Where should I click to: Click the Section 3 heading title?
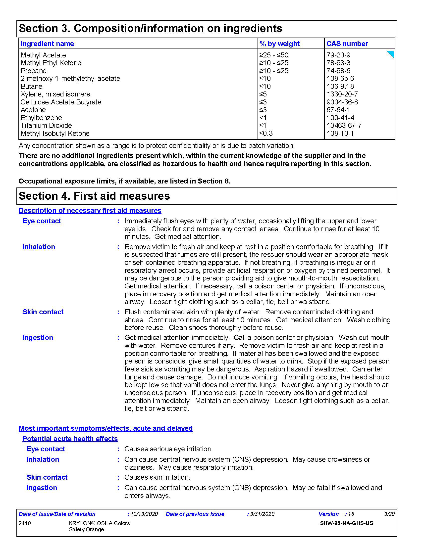point(150,28)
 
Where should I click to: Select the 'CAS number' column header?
point(347,44)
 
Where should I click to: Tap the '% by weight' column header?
point(279,44)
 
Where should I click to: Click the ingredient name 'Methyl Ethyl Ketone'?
point(51,63)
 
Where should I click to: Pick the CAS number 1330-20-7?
point(342,94)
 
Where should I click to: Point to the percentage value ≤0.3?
point(266,133)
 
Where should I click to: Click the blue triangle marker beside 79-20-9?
point(391,54)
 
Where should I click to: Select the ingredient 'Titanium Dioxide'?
point(46,126)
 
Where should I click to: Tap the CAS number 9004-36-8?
point(342,102)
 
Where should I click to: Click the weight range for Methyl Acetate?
point(274,55)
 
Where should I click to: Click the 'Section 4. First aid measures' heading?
point(94,196)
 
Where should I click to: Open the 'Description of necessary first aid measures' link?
point(90,210)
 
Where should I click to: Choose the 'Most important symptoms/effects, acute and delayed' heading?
point(106,428)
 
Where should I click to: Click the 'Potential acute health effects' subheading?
point(70,439)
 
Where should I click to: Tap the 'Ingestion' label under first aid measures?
point(38,338)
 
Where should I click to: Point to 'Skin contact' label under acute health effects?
point(47,477)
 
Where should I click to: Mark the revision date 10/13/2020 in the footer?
point(144,514)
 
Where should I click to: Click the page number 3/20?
point(389,514)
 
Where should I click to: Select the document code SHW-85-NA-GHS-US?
point(346,523)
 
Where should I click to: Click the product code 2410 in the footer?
point(25,523)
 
